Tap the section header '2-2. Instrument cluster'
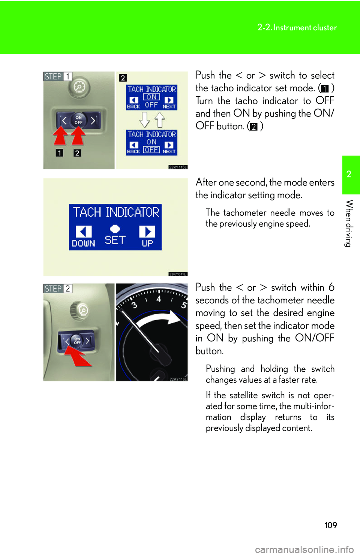coord(297,27)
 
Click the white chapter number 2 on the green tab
coord(349,174)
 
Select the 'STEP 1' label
coord(58,76)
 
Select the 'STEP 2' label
coord(58,288)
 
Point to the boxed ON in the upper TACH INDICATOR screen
coord(151,97)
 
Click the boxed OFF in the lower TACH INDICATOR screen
coord(151,149)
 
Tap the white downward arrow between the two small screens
coord(145,120)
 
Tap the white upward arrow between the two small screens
coord(160,120)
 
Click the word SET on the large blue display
coord(115,240)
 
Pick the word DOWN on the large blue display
coord(84,243)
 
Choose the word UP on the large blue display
coord(147,243)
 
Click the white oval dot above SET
coord(115,229)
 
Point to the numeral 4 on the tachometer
coord(159,299)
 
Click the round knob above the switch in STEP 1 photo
coord(79,87)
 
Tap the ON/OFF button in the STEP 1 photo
coord(78,120)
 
